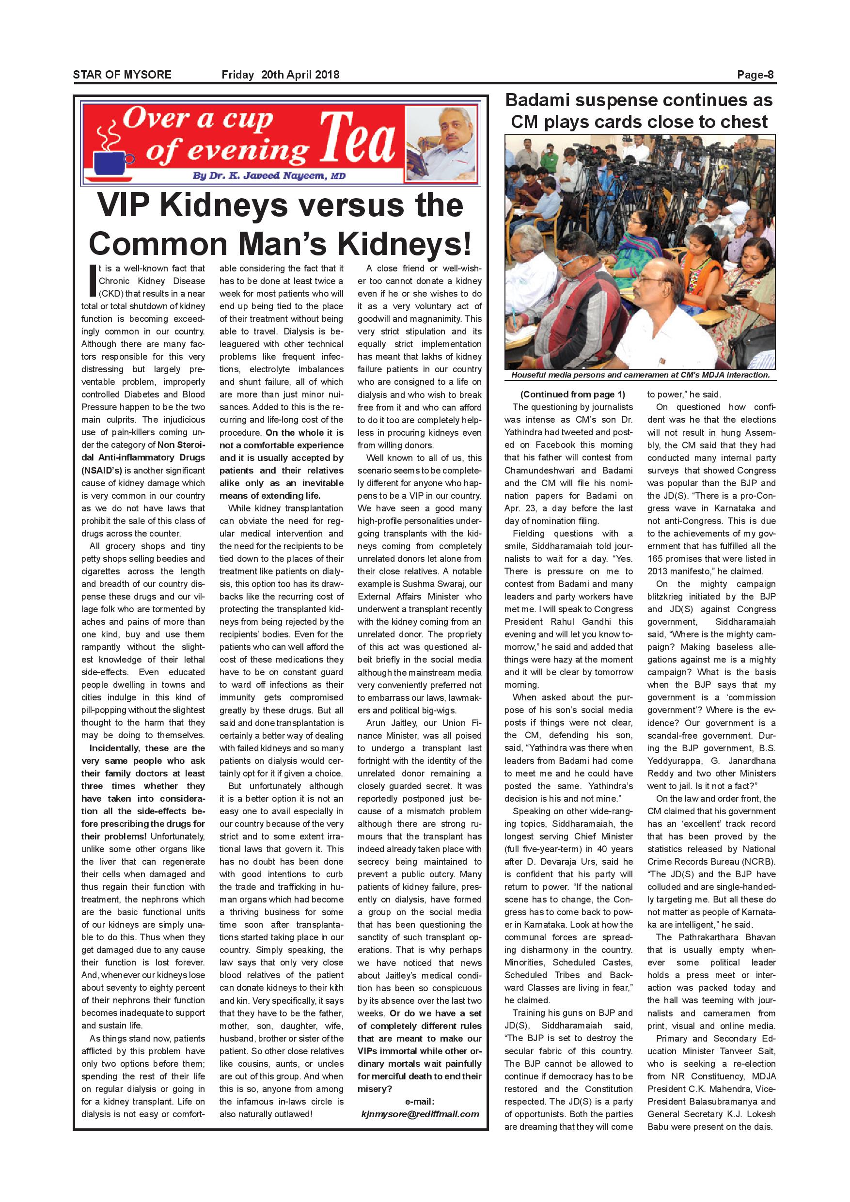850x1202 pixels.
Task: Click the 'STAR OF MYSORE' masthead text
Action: click(122, 74)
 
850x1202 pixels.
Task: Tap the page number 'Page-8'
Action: click(756, 74)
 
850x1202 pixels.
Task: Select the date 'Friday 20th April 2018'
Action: click(280, 74)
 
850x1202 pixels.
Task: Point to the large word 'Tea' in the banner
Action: click(357, 138)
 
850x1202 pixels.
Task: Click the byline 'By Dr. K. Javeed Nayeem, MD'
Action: click(269, 176)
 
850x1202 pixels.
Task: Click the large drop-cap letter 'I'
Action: click(92, 281)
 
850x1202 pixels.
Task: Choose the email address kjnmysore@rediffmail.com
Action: click(420, 1114)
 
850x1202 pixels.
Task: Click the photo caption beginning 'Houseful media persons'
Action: click(640, 375)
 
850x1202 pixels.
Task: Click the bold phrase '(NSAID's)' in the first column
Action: click(102, 470)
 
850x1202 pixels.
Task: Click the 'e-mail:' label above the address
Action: click(420, 1102)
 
